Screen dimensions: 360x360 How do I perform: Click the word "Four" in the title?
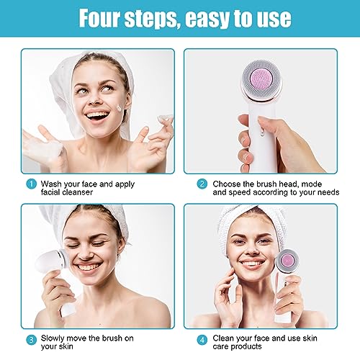tap(99, 18)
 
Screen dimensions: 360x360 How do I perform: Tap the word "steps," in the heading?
tap(152, 19)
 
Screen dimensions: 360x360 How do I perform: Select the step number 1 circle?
tap(31, 184)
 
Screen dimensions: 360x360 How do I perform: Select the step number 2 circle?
tap(202, 184)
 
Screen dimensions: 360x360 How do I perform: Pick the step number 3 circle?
tap(31, 340)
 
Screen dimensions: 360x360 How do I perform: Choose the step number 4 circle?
tap(202, 340)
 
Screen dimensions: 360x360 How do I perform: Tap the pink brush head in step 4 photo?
tap(287, 261)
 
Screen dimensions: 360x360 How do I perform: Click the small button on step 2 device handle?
tap(262, 132)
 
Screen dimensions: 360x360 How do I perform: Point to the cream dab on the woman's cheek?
tap(120, 108)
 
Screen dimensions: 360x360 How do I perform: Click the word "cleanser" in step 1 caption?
tap(77, 192)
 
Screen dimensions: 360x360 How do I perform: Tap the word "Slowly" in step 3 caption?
tap(53, 338)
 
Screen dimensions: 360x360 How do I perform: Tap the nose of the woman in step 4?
tap(252, 251)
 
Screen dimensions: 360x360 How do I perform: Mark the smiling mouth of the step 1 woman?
tap(97, 116)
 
